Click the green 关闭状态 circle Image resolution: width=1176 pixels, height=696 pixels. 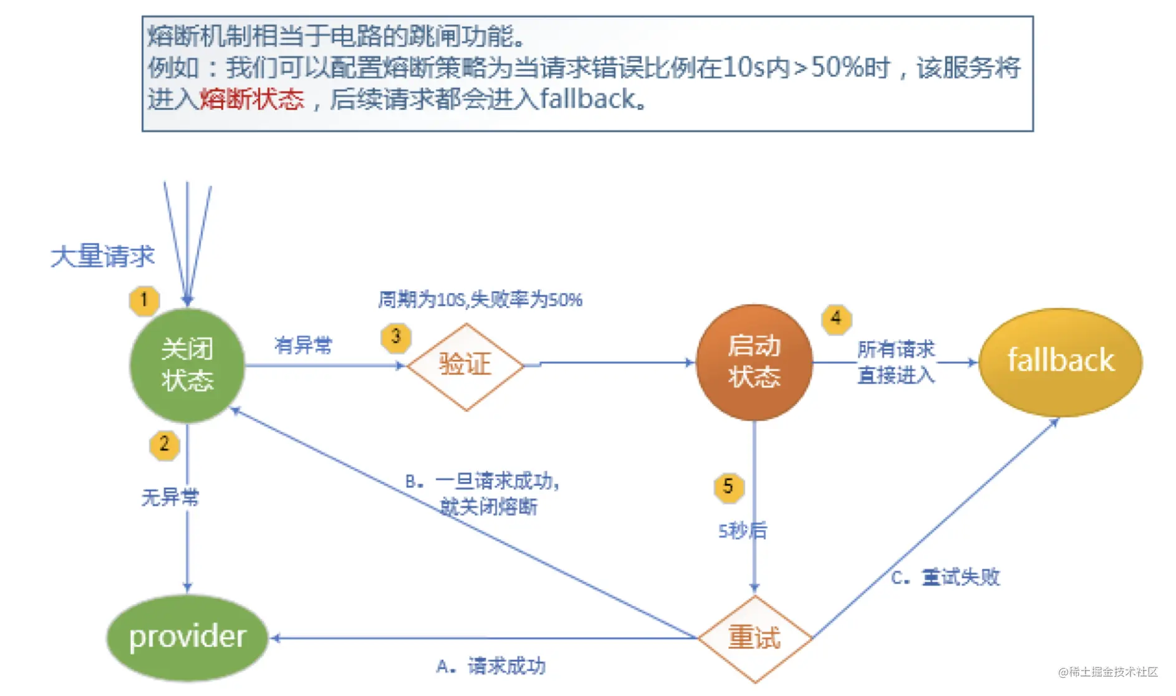point(187,365)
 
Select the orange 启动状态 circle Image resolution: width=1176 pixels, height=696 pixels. point(754,362)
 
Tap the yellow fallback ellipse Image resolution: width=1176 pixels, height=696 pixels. point(1060,362)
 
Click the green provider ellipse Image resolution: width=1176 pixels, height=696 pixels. point(187,637)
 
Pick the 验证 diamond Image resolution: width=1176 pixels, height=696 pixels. point(466,366)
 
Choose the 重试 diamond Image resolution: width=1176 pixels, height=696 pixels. point(754,638)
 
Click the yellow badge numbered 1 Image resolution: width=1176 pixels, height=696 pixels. point(144,301)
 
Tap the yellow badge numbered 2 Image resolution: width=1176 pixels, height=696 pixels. point(164,445)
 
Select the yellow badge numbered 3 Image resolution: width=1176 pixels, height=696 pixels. point(396,337)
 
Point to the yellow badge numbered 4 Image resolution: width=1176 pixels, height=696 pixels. point(836,319)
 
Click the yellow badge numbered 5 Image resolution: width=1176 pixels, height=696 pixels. point(728,486)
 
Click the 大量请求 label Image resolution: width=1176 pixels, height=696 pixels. point(103,256)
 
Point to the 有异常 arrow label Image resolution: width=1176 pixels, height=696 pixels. point(304,345)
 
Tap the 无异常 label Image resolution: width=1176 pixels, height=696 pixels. point(170,497)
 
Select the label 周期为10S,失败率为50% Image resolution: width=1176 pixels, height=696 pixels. point(480,299)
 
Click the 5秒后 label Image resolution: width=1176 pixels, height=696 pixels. point(743,531)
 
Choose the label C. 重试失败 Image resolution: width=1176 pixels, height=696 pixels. point(945,577)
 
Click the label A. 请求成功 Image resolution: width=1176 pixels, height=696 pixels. point(491,666)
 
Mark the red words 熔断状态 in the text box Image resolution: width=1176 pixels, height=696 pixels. point(252,99)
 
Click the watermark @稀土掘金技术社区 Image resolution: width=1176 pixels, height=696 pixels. point(1108,672)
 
